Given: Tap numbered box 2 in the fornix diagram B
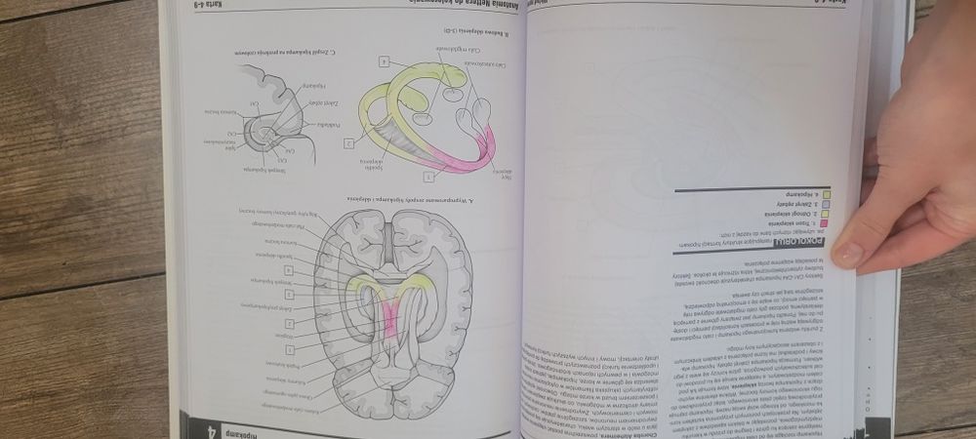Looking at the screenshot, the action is (346, 144).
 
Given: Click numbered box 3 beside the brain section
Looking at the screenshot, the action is (290, 294).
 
